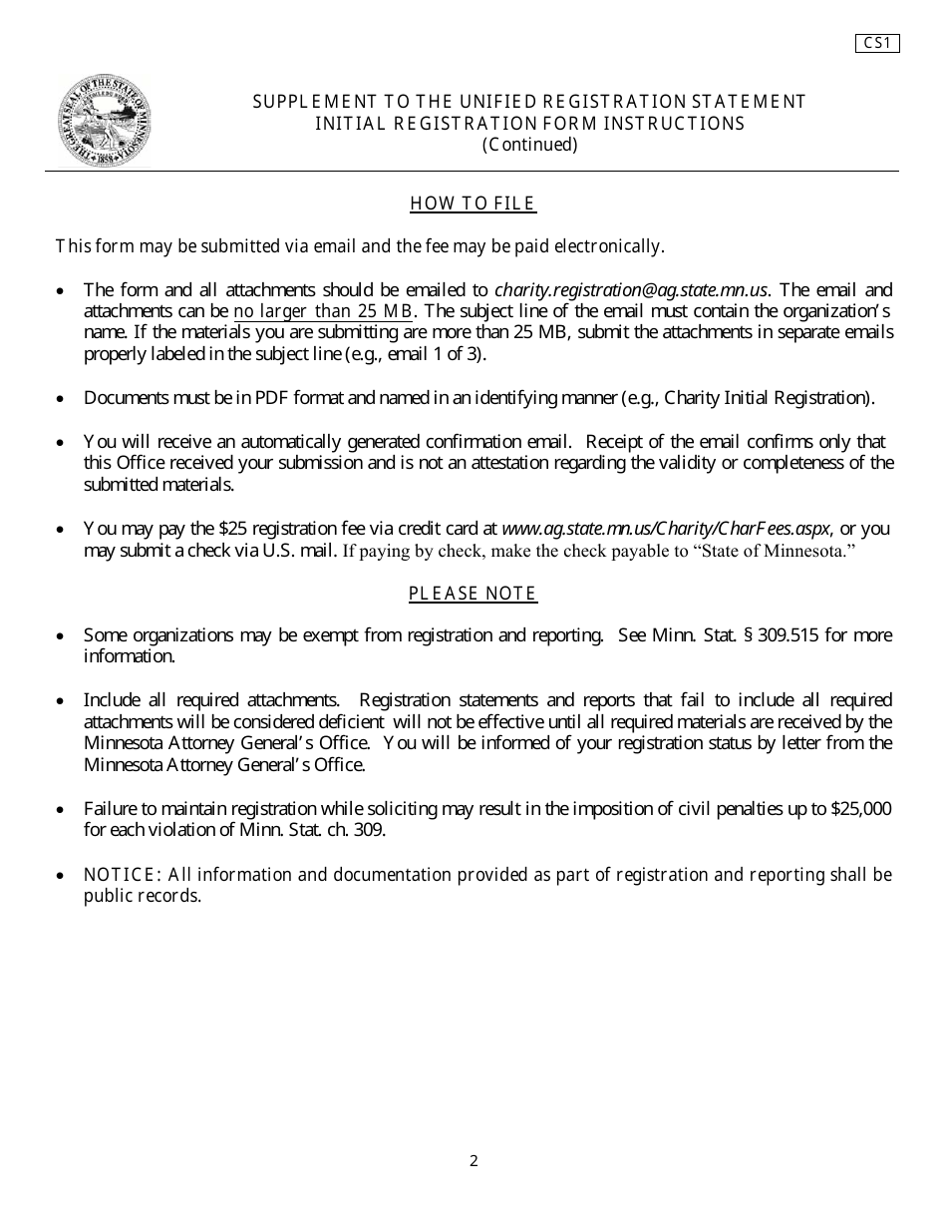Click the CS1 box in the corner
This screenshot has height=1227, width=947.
tap(877, 43)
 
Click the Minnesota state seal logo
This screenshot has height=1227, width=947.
tap(103, 121)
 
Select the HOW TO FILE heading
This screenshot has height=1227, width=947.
tap(473, 204)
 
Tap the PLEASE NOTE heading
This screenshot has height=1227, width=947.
tap(473, 594)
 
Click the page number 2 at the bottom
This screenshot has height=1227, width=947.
tap(473, 1160)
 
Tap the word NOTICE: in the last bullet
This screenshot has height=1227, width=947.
tap(123, 875)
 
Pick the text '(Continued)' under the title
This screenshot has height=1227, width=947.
tap(529, 145)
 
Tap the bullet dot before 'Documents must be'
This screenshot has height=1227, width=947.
tap(62, 399)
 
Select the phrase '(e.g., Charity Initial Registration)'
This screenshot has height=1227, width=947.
tap(747, 398)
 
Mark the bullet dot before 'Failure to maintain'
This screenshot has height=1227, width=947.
tap(62, 810)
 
